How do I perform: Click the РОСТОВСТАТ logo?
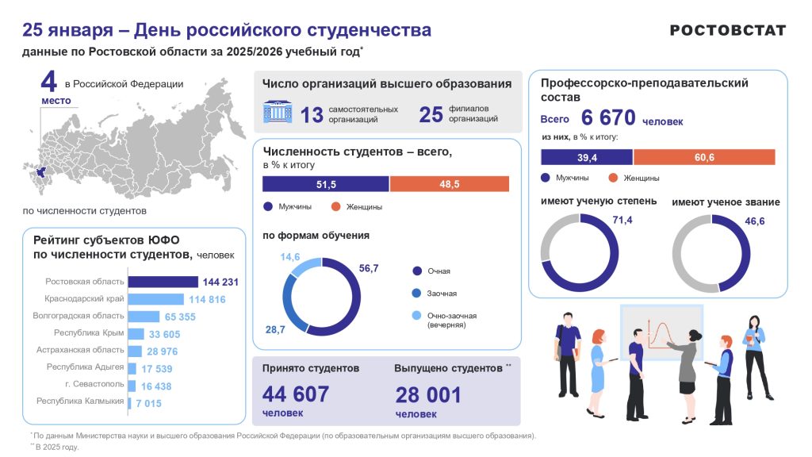(728, 30)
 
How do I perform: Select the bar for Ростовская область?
(163, 282)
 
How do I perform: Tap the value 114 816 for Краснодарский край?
(207, 299)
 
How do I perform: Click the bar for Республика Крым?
(136, 334)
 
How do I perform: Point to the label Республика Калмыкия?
(80, 401)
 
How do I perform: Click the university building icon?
(278, 113)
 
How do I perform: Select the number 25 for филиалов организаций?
(431, 115)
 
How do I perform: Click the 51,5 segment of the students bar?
(326, 184)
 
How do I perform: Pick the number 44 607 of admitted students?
(295, 394)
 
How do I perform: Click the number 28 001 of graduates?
(427, 394)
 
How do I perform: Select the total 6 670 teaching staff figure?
(608, 118)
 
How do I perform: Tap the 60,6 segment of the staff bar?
(704, 157)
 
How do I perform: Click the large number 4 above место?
(49, 82)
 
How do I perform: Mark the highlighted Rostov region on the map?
(34, 171)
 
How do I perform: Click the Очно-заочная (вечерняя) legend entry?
(451, 320)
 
